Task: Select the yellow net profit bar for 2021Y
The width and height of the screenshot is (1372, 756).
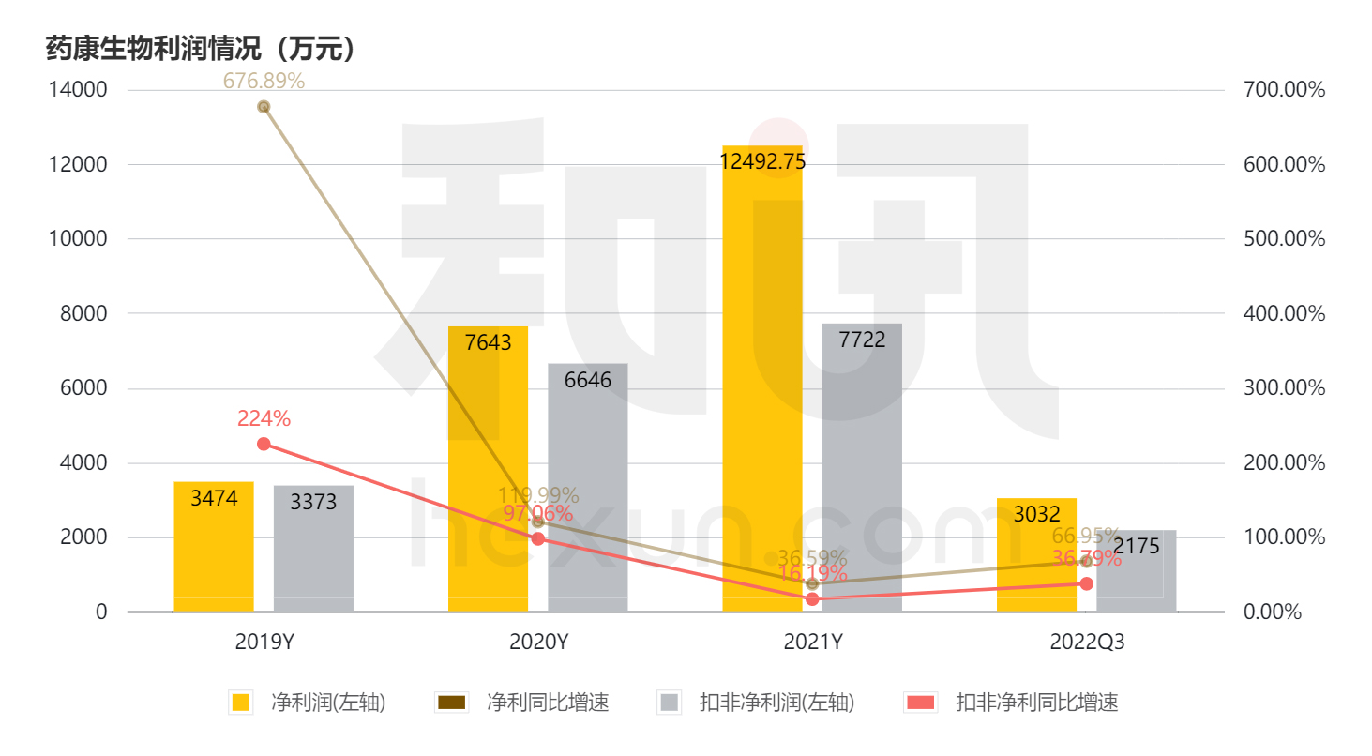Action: click(x=761, y=394)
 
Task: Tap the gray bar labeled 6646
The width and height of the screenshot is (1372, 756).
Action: click(x=587, y=488)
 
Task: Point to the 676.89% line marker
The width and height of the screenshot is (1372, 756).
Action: click(x=264, y=107)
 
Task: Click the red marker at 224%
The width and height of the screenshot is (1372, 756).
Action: click(x=264, y=444)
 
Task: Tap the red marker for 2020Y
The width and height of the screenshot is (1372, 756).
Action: click(x=538, y=538)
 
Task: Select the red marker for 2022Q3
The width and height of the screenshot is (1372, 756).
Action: click(x=1086, y=583)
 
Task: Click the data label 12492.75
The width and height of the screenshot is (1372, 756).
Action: click(x=761, y=162)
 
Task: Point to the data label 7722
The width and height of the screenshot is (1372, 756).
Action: click(x=862, y=340)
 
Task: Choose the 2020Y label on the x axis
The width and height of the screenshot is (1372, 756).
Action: click(x=538, y=643)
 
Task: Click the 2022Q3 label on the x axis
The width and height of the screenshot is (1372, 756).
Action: click(x=1086, y=643)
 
